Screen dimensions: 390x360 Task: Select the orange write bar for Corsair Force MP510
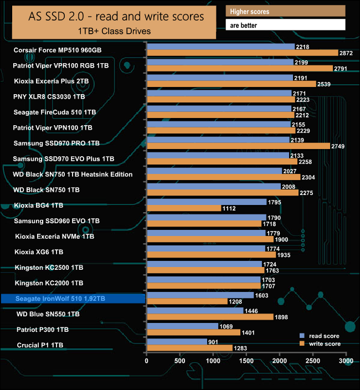tap(242, 53)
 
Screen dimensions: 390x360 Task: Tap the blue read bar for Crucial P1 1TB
tap(177, 342)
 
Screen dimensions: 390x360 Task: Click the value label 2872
tap(346, 53)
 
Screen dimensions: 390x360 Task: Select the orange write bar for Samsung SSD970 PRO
tap(238, 146)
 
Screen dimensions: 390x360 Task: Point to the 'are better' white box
tap(286, 25)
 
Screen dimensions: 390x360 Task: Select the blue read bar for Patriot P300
tap(182, 326)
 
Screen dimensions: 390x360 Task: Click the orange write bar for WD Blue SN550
tap(210, 317)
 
